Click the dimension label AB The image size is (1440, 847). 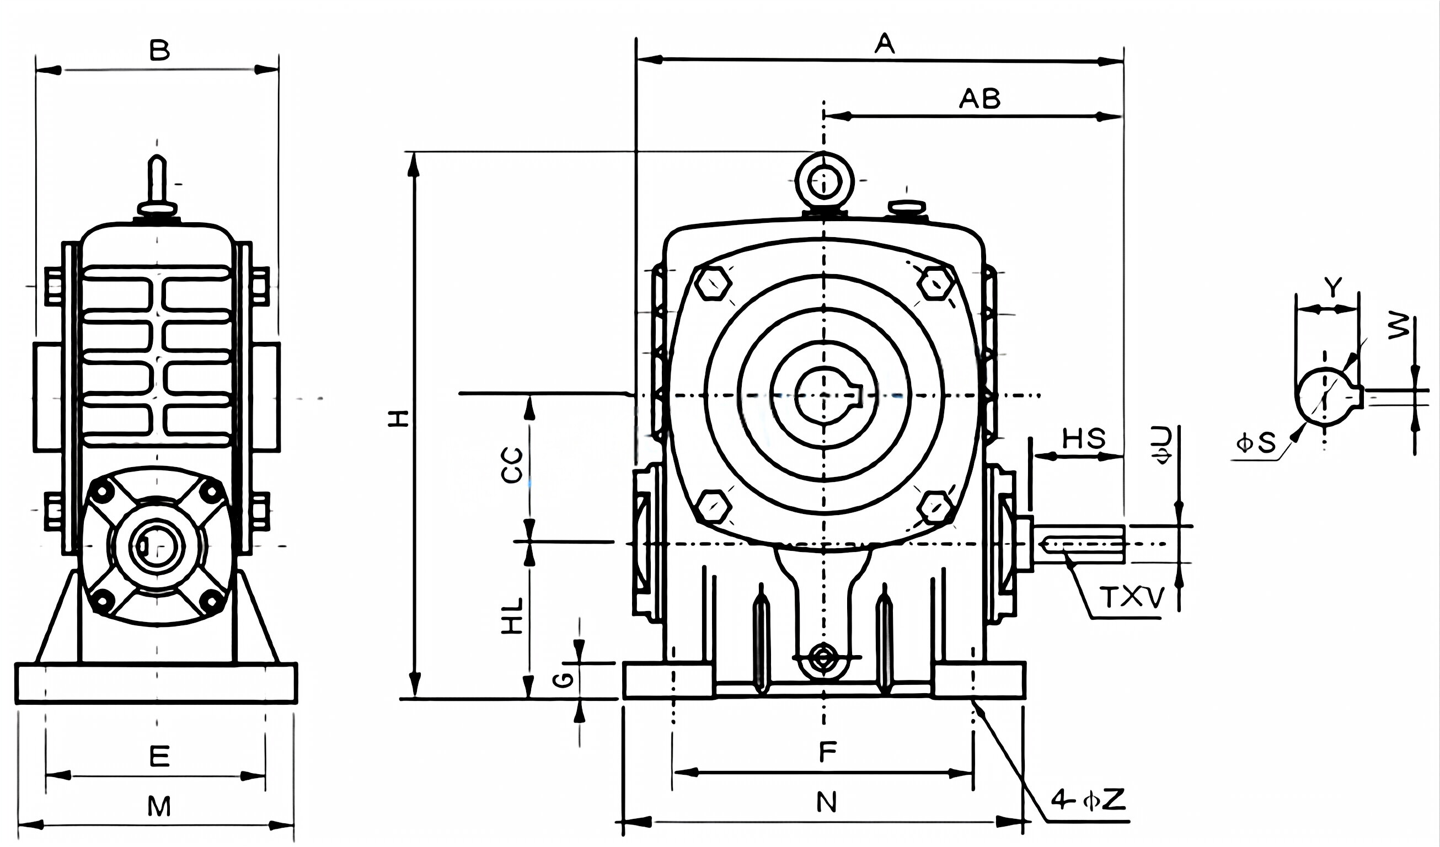[979, 99]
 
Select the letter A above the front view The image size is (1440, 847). [884, 44]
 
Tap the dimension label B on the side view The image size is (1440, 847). [159, 50]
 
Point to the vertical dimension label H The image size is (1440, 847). [399, 419]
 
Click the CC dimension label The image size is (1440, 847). [512, 465]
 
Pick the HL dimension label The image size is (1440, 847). [512, 615]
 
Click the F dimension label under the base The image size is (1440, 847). [827, 752]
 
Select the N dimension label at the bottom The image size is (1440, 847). [826, 802]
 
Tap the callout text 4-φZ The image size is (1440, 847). [1089, 800]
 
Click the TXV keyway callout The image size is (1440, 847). [1132, 598]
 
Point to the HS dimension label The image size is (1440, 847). [1084, 439]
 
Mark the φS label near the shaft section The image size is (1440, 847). [1255, 443]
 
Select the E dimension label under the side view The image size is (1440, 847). [159, 756]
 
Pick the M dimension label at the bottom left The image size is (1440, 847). [159, 806]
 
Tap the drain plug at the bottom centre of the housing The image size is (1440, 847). [823, 658]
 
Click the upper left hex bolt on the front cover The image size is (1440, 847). [713, 283]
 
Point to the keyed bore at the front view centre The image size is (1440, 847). [823, 395]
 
